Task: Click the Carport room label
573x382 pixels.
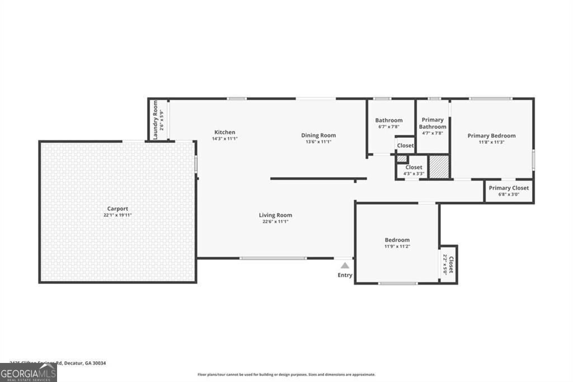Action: (118, 208)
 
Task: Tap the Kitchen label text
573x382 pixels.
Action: (224, 132)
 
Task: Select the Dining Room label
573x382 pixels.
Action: (318, 135)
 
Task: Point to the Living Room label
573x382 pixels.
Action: (275, 215)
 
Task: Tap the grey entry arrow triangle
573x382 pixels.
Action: (345, 265)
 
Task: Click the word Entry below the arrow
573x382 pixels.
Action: (345, 275)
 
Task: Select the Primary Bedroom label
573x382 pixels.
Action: (491, 136)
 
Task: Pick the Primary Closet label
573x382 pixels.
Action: (509, 188)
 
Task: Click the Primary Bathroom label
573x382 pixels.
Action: (432, 123)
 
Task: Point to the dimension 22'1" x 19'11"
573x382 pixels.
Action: (118, 215)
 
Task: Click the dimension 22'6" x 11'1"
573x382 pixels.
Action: (275, 221)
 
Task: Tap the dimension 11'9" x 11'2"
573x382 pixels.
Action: (397, 246)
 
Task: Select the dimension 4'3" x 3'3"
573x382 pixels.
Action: (414, 174)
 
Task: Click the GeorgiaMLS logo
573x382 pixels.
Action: (28, 373)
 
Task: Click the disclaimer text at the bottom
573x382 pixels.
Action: (286, 375)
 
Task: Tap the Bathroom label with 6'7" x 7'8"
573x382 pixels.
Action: (389, 120)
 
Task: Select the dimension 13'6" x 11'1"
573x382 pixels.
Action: (318, 142)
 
